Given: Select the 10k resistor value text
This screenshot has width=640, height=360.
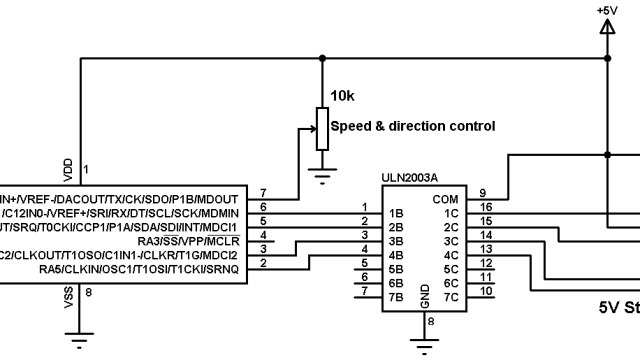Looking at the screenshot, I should (x=341, y=96).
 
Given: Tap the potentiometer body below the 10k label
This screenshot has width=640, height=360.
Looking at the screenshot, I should (x=321, y=127).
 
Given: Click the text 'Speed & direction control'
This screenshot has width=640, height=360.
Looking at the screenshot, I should (x=412, y=126).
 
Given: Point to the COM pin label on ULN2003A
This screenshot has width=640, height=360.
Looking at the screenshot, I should (x=445, y=198).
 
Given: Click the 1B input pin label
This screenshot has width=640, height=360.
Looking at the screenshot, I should (x=395, y=213).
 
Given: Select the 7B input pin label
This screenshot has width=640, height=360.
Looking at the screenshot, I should (x=395, y=297).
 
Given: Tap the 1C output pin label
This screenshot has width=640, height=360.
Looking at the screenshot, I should (x=450, y=213).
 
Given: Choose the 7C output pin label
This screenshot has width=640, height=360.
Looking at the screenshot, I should (x=450, y=297).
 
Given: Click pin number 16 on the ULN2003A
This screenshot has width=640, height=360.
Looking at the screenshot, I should (x=485, y=206).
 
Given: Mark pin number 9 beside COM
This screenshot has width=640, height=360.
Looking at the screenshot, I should (x=482, y=192).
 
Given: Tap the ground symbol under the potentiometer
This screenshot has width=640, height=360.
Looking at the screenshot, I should (x=321, y=177).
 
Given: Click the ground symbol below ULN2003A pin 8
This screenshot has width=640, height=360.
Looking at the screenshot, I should (x=425, y=346).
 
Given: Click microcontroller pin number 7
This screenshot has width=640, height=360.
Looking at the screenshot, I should (x=262, y=192).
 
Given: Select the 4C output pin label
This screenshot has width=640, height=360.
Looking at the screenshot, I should (x=450, y=255).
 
